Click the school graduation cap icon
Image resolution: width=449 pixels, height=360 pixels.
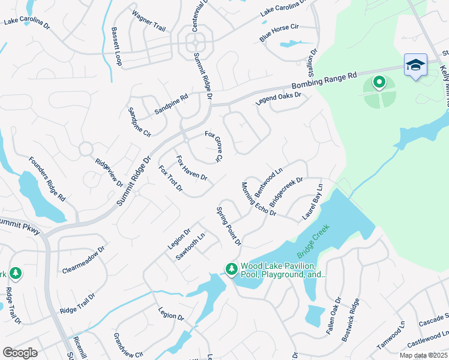[x=415, y=65]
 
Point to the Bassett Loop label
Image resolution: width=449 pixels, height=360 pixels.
[x=116, y=47]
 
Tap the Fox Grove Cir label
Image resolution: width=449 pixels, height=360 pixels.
[x=214, y=147]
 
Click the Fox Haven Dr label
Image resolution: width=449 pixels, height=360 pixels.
[x=191, y=169]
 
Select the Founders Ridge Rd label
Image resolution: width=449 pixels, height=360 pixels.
[x=47, y=179]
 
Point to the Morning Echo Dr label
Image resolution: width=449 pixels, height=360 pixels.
[x=259, y=199]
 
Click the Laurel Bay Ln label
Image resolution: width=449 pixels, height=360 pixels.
[x=313, y=202]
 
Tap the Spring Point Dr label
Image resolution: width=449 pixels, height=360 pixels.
[x=229, y=226]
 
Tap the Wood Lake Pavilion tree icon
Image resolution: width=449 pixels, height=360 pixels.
[x=231, y=269]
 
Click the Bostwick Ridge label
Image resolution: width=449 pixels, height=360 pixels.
[x=351, y=320]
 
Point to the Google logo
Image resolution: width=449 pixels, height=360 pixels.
[x=20, y=353]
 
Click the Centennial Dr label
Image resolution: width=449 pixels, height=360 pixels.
[x=196, y=17]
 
